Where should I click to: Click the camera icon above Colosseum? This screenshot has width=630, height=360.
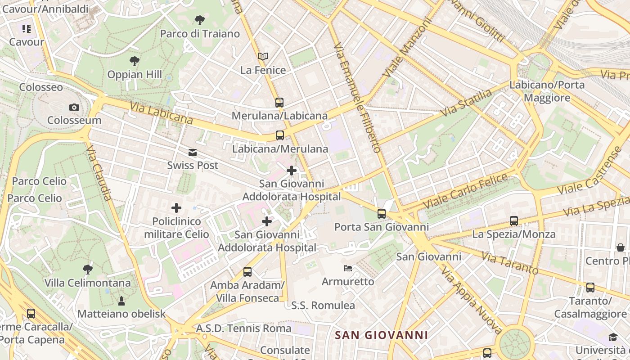pyautogui.click(x=74, y=107)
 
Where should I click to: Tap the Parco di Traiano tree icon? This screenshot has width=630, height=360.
pyautogui.click(x=200, y=20)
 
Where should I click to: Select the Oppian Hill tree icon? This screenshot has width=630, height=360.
pyautogui.click(x=134, y=61)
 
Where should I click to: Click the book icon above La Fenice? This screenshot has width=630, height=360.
pyautogui.click(x=263, y=57)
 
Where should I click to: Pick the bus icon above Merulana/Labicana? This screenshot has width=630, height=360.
pyautogui.click(x=279, y=103)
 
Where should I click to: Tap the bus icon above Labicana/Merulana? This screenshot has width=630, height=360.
pyautogui.click(x=279, y=135)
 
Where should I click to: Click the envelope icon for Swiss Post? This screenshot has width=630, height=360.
pyautogui.click(x=193, y=153)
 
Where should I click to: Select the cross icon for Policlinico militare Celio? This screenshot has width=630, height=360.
pyautogui.click(x=176, y=208)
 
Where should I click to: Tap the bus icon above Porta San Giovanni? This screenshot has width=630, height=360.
pyautogui.click(x=382, y=214)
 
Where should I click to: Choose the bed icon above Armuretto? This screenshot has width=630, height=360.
pyautogui.click(x=348, y=269)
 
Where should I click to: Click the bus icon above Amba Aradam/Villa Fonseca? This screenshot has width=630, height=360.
pyautogui.click(x=247, y=271)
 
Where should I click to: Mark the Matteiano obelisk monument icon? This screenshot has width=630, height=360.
pyautogui.click(x=121, y=301)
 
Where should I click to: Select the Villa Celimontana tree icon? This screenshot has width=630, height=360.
pyautogui.click(x=88, y=270)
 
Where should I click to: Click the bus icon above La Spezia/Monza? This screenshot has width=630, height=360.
pyautogui.click(x=514, y=221)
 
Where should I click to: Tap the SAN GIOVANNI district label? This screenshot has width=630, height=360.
pyautogui.click(x=382, y=335)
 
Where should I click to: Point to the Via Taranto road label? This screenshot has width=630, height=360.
pyautogui.click(x=510, y=263)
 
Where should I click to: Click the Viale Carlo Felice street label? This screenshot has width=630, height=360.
pyautogui.click(x=465, y=191)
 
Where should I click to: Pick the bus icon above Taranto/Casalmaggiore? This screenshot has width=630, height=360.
pyautogui.click(x=590, y=288)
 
